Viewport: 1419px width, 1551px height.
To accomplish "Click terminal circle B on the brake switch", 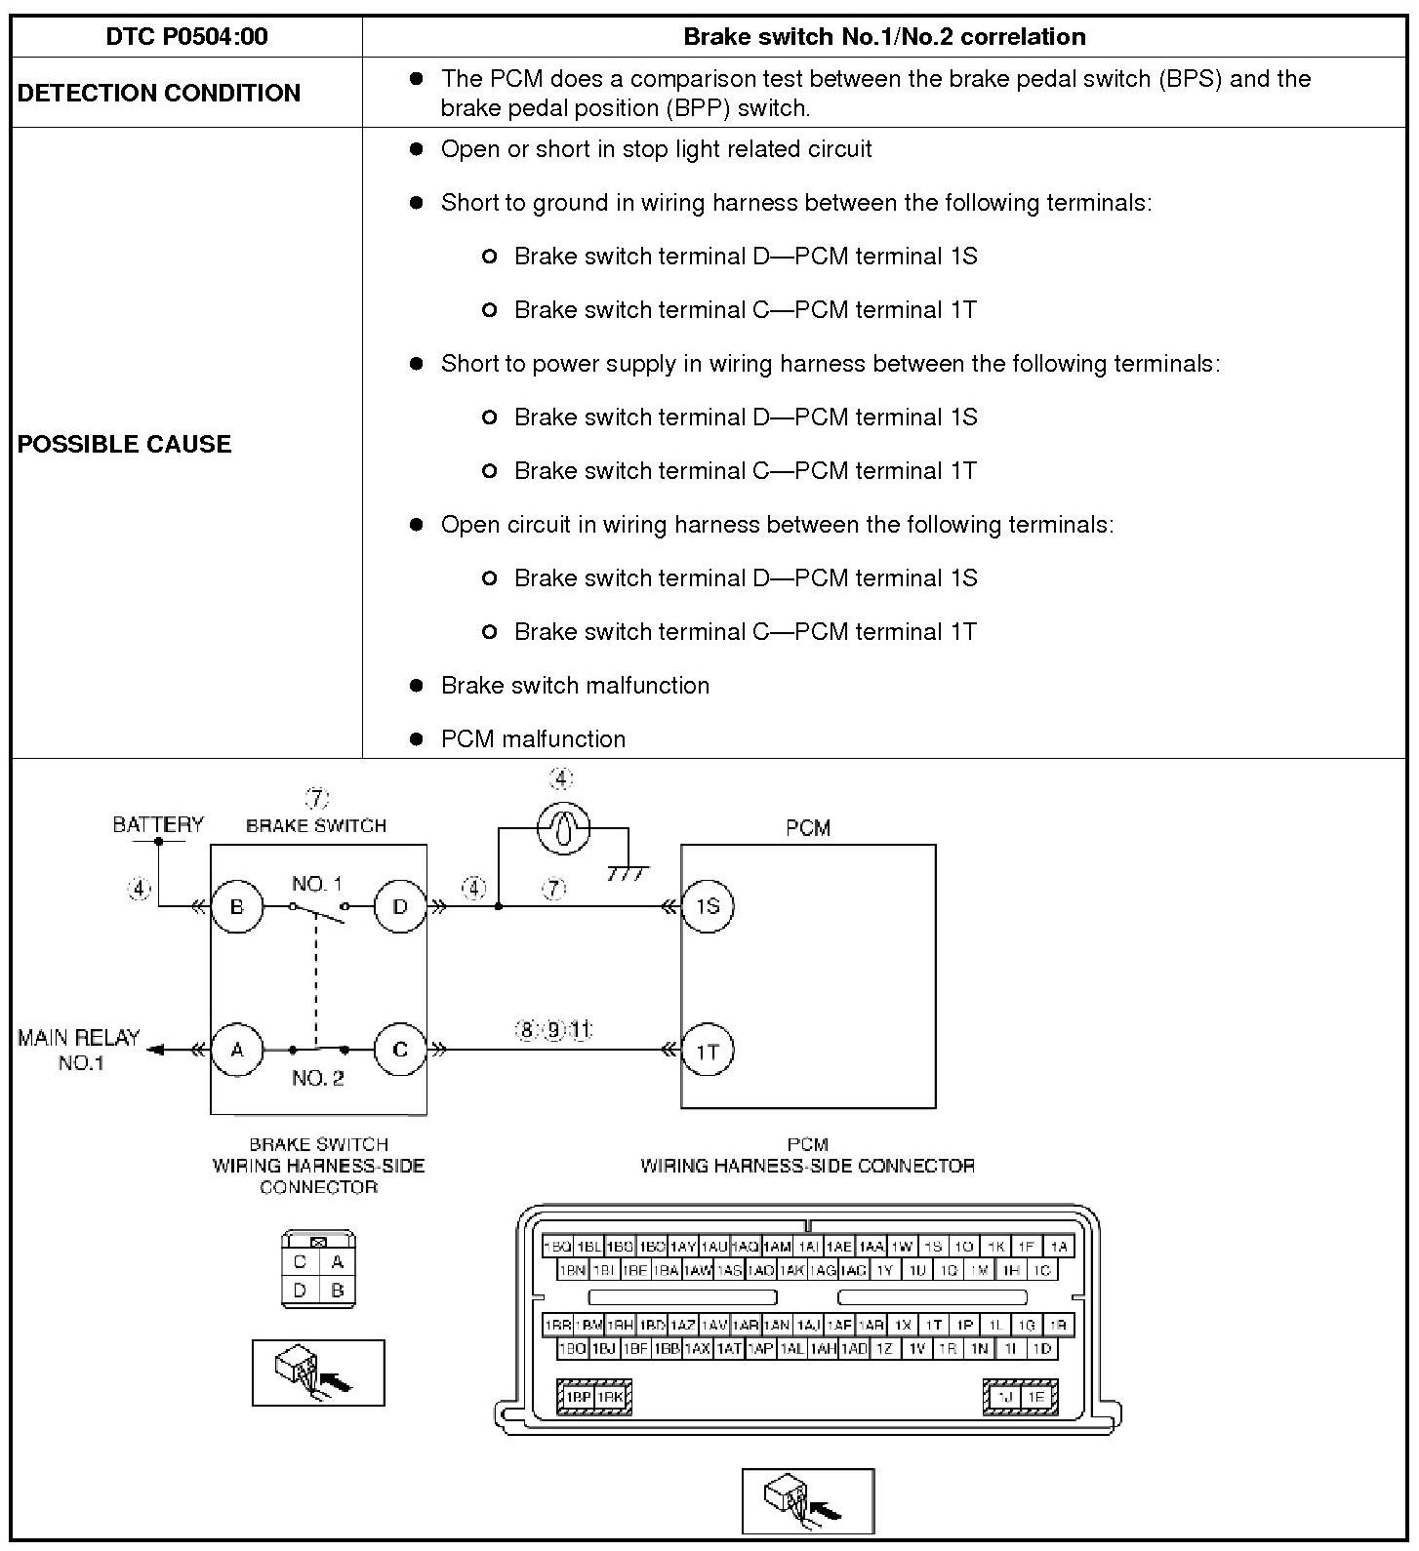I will (237, 906).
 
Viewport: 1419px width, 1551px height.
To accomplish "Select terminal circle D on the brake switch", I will (400, 906).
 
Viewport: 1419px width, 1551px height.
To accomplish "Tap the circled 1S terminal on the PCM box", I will (708, 906).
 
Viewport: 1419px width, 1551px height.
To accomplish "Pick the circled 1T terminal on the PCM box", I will (708, 1051).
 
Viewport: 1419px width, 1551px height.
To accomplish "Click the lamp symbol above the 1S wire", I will (563, 829).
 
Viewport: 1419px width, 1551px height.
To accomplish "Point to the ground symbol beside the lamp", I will (628, 871).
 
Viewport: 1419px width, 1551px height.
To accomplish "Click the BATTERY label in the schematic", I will (158, 825).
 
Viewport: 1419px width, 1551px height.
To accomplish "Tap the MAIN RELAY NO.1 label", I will (79, 1050).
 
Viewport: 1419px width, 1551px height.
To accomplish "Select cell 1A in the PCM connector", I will (1058, 1246).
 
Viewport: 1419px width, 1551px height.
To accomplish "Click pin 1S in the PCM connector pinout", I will (933, 1246).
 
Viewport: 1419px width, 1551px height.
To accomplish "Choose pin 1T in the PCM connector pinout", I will (934, 1325).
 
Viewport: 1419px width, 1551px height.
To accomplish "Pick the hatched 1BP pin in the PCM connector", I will (579, 1397).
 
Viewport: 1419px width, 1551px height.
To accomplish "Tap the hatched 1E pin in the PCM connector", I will (1035, 1397).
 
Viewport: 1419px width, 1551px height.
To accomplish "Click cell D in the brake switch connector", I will (300, 1291).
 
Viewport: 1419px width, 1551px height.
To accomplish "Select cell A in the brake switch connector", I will (338, 1262).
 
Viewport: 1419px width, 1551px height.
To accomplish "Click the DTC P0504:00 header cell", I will (186, 37).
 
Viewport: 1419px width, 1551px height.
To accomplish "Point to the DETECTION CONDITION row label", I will (159, 93).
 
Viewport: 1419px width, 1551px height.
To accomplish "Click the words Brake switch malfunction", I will (575, 686).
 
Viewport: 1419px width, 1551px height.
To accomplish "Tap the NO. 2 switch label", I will (318, 1078).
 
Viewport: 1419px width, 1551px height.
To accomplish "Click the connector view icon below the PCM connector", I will (808, 1501).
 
